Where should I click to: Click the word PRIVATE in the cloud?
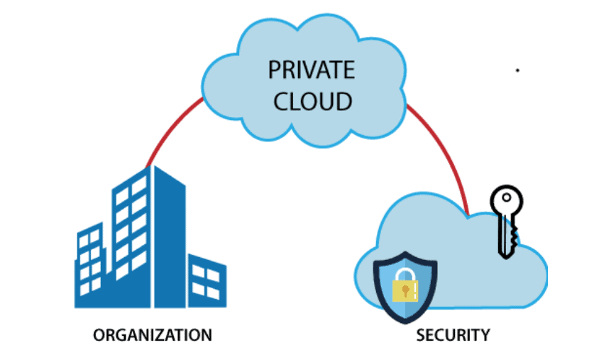coord(311,70)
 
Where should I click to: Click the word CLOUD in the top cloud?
coord(311,100)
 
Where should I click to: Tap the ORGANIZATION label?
coord(153,334)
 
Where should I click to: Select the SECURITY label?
coord(453,334)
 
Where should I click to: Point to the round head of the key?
coord(507,200)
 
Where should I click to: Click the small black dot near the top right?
coord(517,71)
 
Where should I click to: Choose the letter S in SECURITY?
coord(420,334)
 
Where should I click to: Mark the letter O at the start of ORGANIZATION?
coord(99,334)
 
